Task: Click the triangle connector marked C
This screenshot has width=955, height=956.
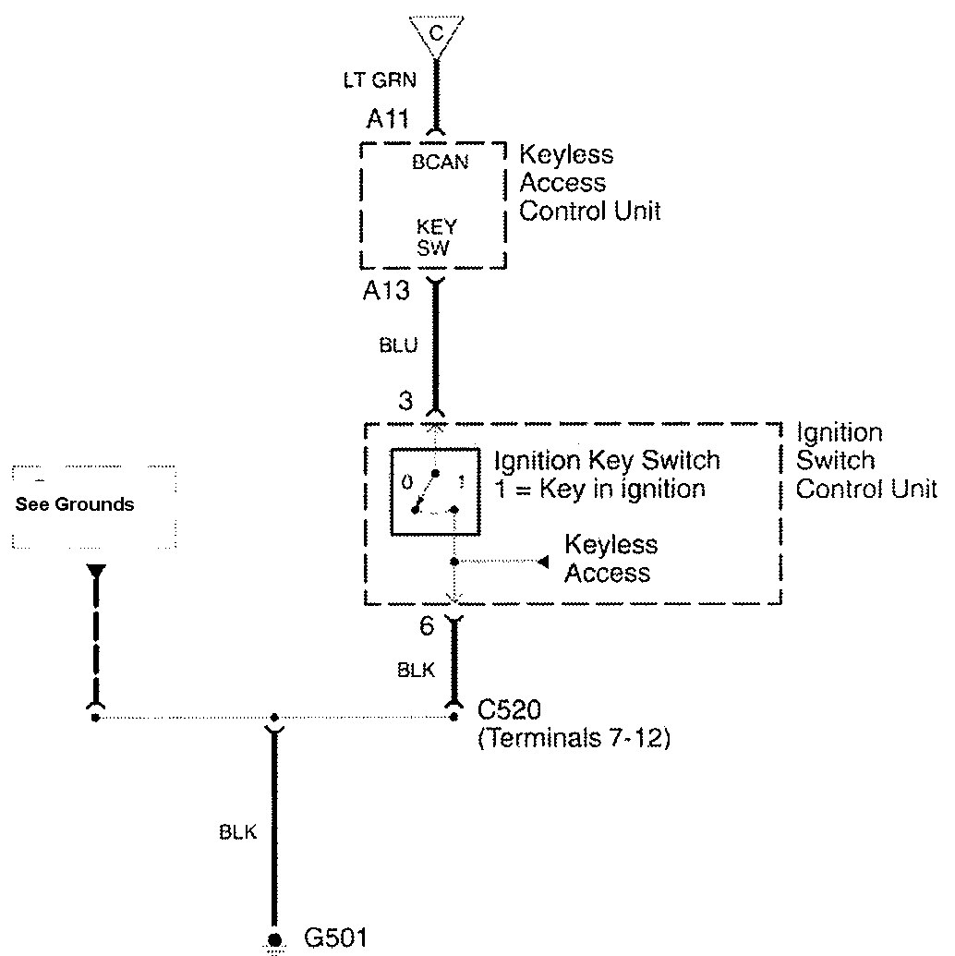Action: point(437,35)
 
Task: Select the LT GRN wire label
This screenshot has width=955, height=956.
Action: point(380,81)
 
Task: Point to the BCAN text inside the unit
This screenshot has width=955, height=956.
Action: point(441,163)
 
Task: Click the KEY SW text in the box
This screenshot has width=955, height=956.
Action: point(436,236)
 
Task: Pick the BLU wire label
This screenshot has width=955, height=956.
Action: point(398,346)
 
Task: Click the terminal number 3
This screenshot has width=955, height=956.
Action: point(405,402)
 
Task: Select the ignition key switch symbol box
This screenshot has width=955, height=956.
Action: point(435,491)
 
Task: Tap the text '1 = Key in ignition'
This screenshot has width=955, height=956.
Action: point(600,489)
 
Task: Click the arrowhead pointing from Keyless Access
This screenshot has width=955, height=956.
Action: point(544,561)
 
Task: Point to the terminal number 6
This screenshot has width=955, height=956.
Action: point(426,627)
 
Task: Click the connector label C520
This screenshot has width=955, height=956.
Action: point(508,711)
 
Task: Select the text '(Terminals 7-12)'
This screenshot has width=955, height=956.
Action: point(573,739)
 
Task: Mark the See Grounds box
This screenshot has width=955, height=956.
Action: point(94,506)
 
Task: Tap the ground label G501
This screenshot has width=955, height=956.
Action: point(335,939)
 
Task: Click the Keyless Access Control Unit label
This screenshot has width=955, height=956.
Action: point(589,183)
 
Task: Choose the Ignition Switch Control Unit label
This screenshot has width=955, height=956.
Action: point(864,460)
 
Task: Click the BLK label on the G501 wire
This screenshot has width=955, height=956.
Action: point(237,832)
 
